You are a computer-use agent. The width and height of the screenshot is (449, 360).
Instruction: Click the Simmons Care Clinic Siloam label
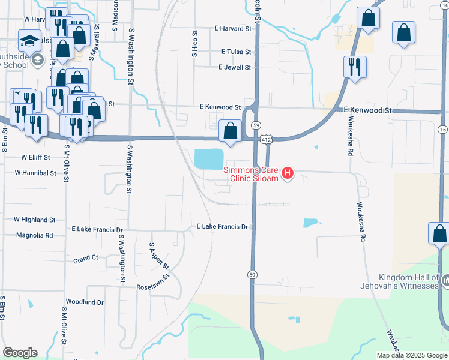click(x=252, y=174)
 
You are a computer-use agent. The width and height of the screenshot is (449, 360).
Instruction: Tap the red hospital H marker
click(x=288, y=174)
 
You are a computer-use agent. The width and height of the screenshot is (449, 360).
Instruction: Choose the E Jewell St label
click(x=235, y=67)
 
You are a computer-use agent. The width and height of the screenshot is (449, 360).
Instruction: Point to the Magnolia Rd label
click(x=35, y=235)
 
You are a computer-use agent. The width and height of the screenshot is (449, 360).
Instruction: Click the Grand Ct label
click(x=85, y=259)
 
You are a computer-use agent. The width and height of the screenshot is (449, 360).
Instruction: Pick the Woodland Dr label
click(x=85, y=302)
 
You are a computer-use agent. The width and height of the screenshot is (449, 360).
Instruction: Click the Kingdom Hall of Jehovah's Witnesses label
click(x=409, y=281)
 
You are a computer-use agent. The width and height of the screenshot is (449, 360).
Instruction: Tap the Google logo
click(x=19, y=353)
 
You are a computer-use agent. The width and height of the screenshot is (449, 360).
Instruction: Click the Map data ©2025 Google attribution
click(x=412, y=355)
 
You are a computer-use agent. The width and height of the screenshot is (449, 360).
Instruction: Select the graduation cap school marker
click(x=29, y=40)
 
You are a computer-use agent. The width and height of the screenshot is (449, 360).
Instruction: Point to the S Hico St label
click(x=194, y=44)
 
